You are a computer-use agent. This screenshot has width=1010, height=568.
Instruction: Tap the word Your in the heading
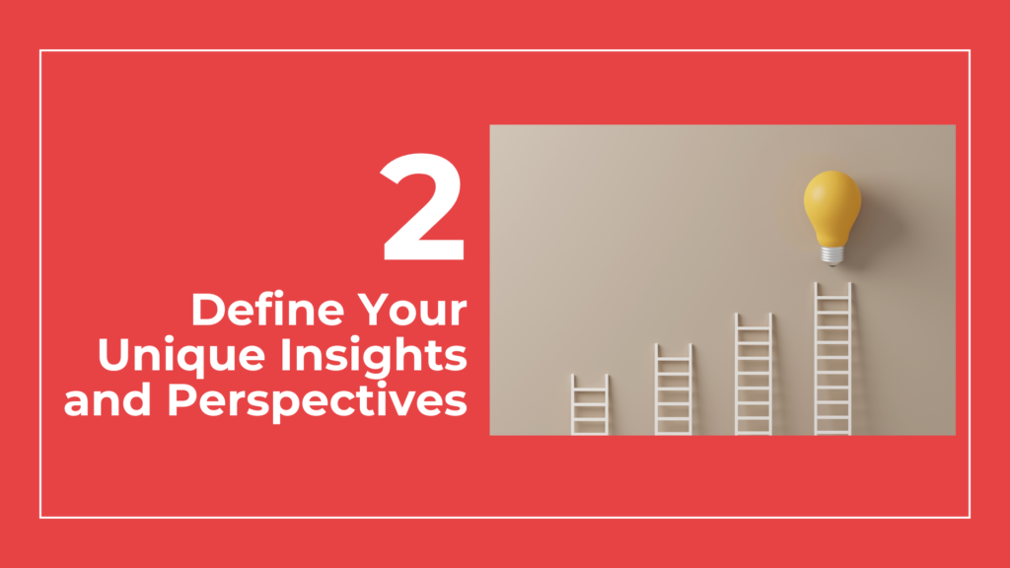(412, 311)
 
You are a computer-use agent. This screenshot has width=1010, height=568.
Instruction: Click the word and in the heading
(108, 399)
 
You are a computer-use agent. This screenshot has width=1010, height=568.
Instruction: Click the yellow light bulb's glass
(832, 206)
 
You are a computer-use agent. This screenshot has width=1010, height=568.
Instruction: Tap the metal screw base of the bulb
(832, 256)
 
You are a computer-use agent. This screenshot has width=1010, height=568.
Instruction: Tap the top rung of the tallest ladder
(832, 298)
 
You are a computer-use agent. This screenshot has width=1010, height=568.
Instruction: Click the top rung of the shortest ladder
(590, 389)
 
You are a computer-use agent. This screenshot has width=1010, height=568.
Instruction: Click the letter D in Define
(208, 311)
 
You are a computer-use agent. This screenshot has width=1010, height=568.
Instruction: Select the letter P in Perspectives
(182, 400)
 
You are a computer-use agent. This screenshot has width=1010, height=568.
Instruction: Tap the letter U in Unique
(114, 355)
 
